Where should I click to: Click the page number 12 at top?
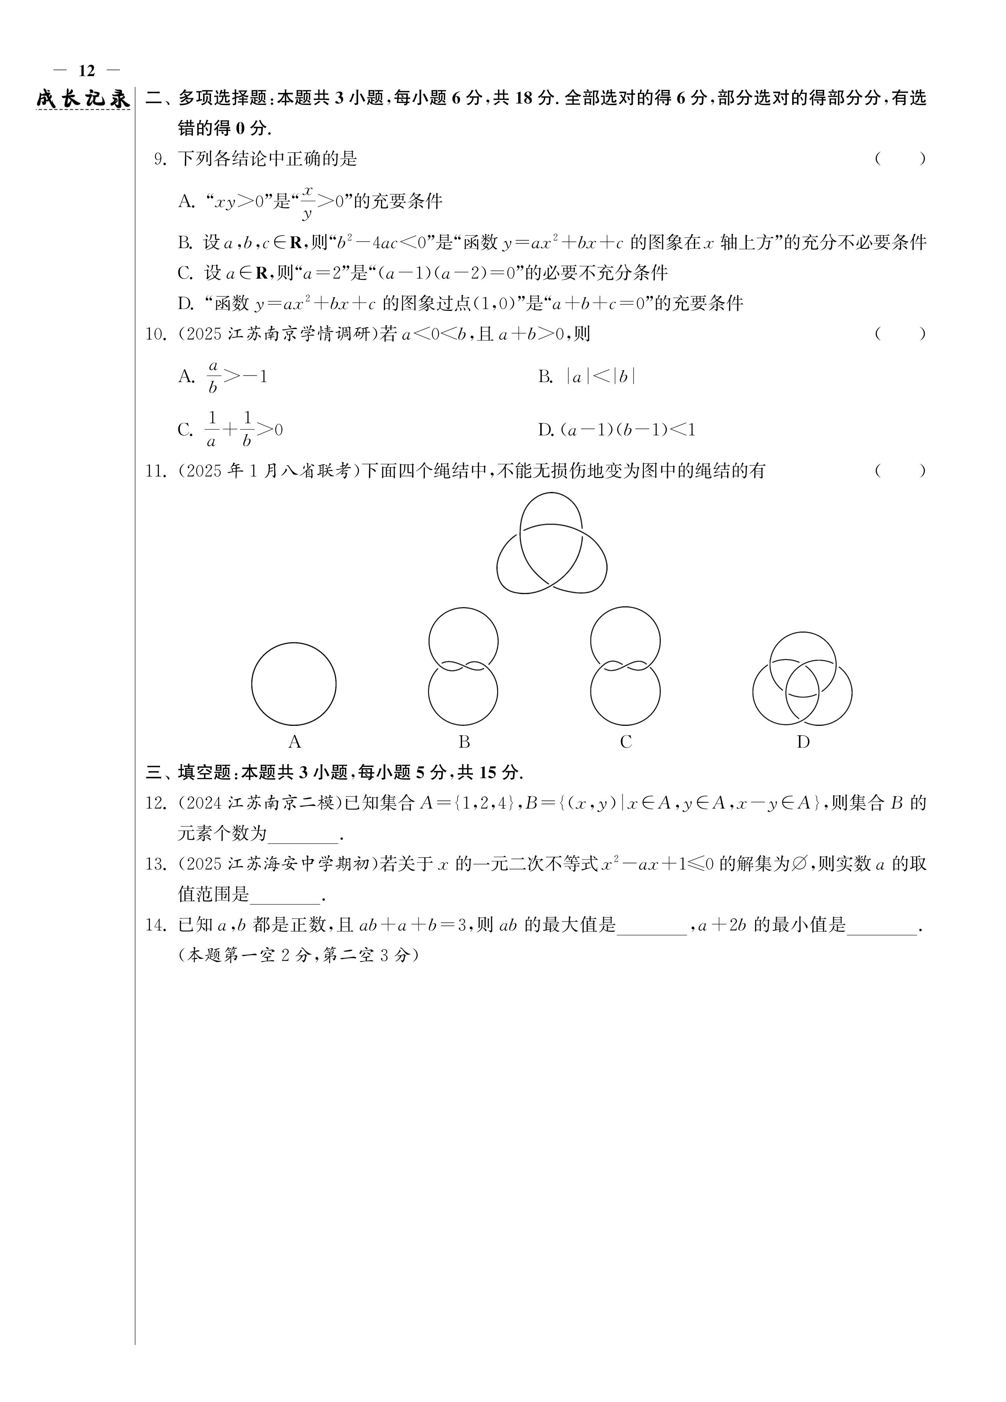(x=86, y=71)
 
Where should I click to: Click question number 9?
(x=160, y=159)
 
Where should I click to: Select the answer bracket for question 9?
(x=899, y=159)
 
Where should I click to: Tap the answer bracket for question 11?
(x=899, y=471)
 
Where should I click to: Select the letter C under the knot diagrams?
(x=626, y=742)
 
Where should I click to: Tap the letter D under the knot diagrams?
(x=802, y=742)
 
